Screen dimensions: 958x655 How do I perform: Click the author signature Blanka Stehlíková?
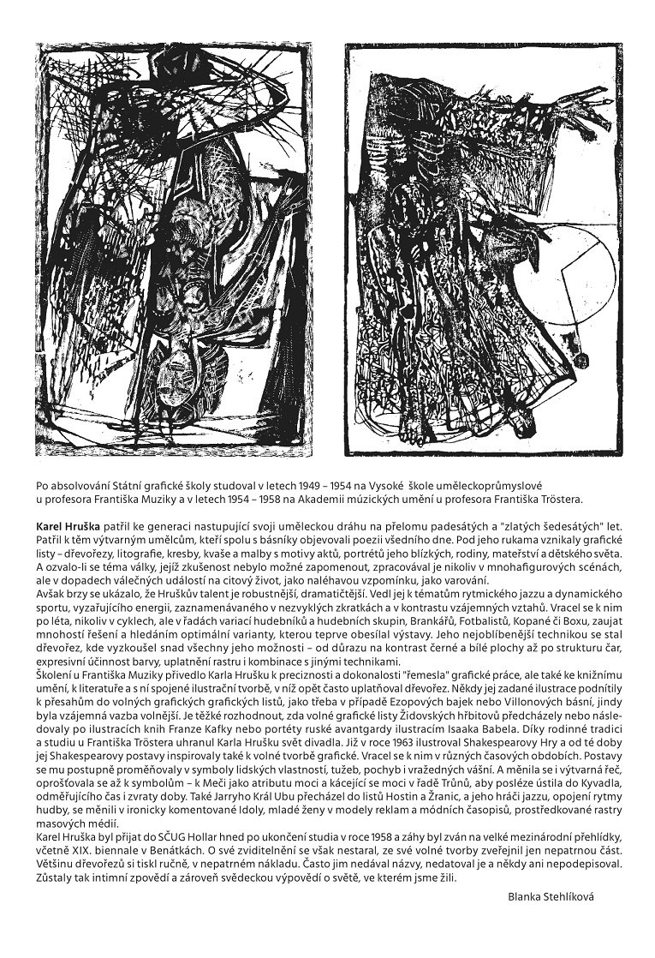551,895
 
